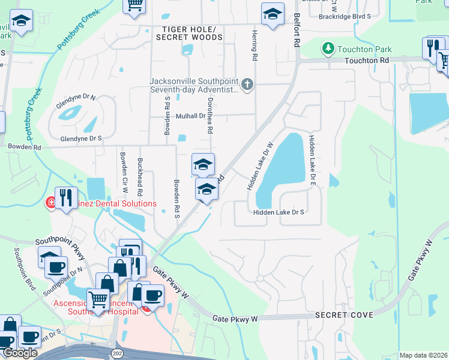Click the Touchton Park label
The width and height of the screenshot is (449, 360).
pos(364,49)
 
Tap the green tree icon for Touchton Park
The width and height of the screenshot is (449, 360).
pos(328,47)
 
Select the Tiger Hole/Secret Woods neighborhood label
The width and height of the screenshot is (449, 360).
pos(189,33)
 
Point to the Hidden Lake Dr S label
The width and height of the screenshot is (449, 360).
pos(279,212)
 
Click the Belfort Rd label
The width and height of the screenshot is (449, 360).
pos(296,31)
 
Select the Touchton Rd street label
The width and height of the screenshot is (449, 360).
pos(367,61)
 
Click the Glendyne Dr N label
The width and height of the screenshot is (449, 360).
pos(76,96)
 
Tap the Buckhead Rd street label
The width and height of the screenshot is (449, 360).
pos(139,177)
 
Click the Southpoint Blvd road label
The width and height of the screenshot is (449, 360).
pos(26,270)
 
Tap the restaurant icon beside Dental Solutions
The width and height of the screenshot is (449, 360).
pos(66,197)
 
